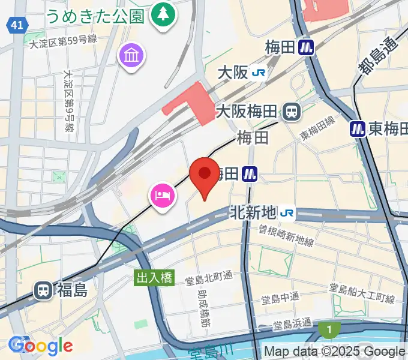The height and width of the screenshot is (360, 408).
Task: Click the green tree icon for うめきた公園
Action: tap(161, 13)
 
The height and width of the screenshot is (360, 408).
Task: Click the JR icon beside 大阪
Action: tap(259, 73)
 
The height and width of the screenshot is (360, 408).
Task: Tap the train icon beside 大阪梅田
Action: tap(292, 111)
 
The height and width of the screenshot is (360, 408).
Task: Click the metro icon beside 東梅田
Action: tap(358, 128)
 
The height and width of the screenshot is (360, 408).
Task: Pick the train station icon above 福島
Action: tap(43, 290)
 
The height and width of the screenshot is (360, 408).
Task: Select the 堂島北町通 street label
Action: tap(209, 277)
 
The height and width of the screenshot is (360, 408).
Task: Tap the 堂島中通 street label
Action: tap(281, 298)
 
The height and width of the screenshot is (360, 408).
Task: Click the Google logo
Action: tap(41, 345)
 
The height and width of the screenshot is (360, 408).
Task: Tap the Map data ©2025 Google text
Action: tap(334, 351)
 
